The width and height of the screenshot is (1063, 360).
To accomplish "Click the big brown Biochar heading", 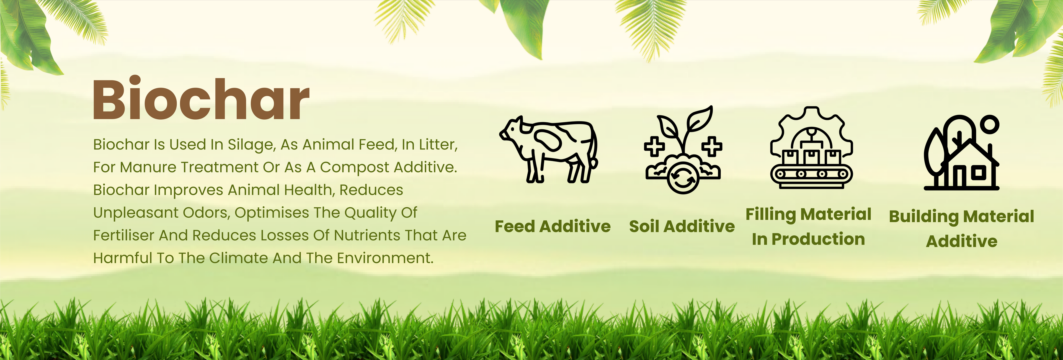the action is tap(201, 99).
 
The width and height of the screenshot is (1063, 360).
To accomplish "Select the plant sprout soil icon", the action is tap(683, 150).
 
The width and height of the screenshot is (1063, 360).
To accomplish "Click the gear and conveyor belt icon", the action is tap(811, 148).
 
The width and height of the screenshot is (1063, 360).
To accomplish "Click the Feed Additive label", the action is tap(553, 226).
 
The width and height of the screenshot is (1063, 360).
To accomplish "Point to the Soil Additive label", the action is tap(682, 226).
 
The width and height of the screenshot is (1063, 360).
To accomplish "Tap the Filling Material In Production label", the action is tap(808, 227).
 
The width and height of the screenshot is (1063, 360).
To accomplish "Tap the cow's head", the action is tap(512, 130).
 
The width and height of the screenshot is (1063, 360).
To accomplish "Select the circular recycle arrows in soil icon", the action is tap(683, 178).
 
